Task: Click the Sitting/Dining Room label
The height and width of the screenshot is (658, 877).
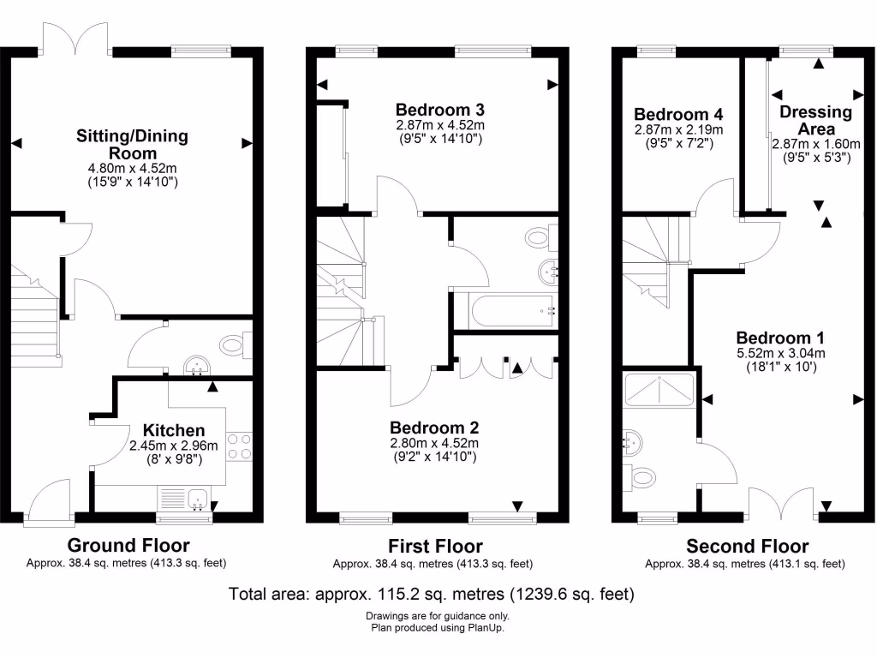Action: tap(133, 144)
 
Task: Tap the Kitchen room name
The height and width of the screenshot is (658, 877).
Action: tap(174, 430)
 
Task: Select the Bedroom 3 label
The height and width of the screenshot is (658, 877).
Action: tap(440, 110)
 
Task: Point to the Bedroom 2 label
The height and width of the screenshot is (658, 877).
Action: tap(434, 428)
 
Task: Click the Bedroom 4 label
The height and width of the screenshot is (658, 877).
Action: tap(678, 114)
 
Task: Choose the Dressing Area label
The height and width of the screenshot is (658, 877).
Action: tap(815, 120)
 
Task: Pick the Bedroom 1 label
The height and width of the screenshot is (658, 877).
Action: tap(773, 338)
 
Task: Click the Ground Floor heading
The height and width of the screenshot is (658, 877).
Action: tap(128, 546)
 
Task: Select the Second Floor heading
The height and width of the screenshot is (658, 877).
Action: tap(747, 546)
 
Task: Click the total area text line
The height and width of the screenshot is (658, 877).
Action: tap(432, 593)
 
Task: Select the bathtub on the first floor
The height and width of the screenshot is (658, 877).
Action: tap(505, 310)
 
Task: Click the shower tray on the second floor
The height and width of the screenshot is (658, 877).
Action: tap(660, 391)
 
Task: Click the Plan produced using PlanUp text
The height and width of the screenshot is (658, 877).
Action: tap(437, 628)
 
